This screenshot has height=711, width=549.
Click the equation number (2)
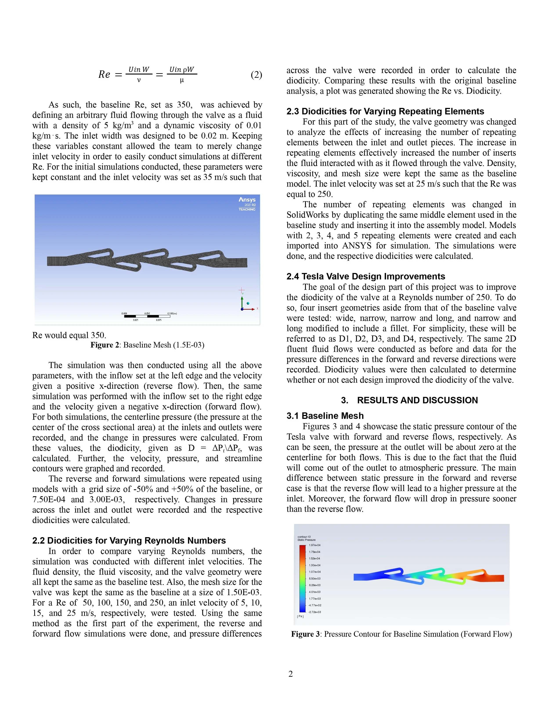(x=256, y=75)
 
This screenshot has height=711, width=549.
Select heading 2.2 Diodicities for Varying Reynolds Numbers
(x=129, y=540)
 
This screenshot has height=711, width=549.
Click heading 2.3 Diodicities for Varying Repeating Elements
(x=385, y=111)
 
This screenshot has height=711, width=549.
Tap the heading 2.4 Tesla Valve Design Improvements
(x=366, y=276)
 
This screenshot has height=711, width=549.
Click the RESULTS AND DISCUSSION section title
(x=417, y=400)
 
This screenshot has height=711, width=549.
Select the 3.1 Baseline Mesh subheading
(x=325, y=416)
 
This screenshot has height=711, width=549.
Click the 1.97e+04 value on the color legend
(x=314, y=545)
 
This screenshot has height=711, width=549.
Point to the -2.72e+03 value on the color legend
(x=314, y=612)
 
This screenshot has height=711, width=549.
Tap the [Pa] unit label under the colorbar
(x=300, y=616)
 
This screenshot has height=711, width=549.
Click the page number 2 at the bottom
(x=291, y=674)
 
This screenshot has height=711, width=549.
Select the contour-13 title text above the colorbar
(x=304, y=537)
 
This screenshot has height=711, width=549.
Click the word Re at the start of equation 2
(x=104, y=75)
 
